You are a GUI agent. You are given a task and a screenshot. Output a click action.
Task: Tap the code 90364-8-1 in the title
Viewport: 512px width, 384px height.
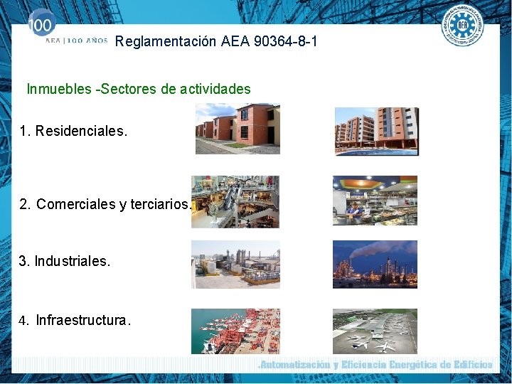[282, 42]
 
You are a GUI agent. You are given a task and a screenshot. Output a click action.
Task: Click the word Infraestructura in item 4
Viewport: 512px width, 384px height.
[81, 320]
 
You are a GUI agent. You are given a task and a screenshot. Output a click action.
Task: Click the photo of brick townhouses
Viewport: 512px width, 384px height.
[238, 129]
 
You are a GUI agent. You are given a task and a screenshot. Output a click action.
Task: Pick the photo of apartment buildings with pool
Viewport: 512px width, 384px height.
[376, 131]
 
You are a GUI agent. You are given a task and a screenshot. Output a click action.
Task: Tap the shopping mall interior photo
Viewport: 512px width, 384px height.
[235, 202]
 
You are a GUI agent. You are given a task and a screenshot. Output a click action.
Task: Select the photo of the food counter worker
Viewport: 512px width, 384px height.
[375, 201]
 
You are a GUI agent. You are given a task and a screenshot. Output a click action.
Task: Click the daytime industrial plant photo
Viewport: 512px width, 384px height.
[235, 264]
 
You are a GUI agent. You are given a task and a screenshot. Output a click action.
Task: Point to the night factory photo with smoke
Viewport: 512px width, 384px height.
[375, 264]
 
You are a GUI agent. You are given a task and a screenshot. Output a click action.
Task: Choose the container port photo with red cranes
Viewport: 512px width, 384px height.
[235, 331]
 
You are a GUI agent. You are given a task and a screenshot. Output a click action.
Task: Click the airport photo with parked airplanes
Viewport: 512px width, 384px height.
[375, 331]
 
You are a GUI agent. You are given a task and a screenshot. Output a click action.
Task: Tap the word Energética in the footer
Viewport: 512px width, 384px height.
[407, 365]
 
